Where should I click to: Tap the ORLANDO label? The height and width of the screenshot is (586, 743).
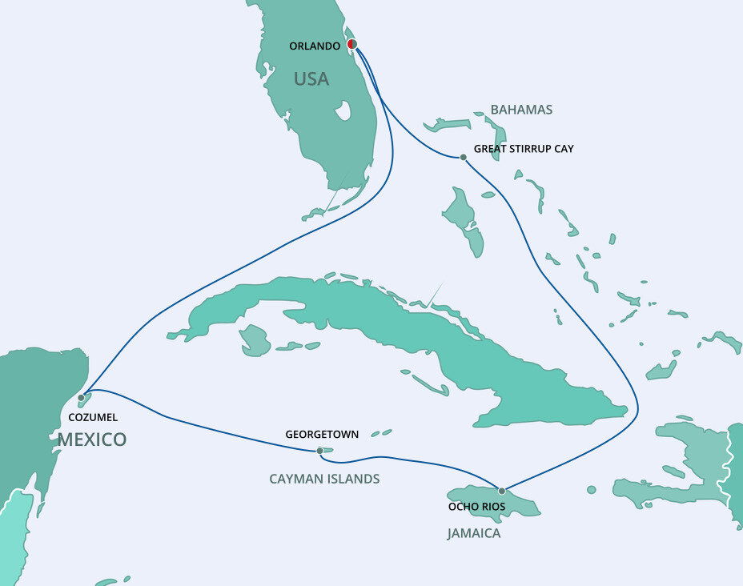pyautogui.click(x=315, y=46)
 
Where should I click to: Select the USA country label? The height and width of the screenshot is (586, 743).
pyautogui.click(x=311, y=78)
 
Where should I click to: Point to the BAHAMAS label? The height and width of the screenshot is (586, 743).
pyautogui.click(x=521, y=110)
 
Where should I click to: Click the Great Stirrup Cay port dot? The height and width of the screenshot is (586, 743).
pyautogui.click(x=463, y=157)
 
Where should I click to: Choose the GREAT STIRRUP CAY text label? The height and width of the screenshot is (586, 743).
pyautogui.click(x=524, y=149)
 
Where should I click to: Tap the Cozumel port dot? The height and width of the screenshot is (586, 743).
pyautogui.click(x=81, y=397)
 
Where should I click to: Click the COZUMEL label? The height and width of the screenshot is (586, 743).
pyautogui.click(x=94, y=417)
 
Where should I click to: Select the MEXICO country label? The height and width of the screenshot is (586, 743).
pyautogui.click(x=91, y=439)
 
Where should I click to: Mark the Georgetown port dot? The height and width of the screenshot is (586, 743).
pyautogui.click(x=319, y=451)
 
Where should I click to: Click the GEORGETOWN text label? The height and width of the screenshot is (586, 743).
pyautogui.click(x=322, y=434)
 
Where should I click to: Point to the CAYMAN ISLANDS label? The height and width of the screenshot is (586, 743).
pyautogui.click(x=324, y=479)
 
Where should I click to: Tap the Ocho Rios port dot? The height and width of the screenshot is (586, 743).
pyautogui.click(x=502, y=491)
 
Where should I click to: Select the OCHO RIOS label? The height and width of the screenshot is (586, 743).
pyautogui.click(x=476, y=507)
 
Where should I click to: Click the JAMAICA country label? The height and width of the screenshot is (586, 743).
pyautogui.click(x=474, y=533)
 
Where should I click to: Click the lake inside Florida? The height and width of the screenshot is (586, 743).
pyautogui.click(x=343, y=110)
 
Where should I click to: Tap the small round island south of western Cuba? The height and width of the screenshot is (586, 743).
pyautogui.click(x=255, y=339)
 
